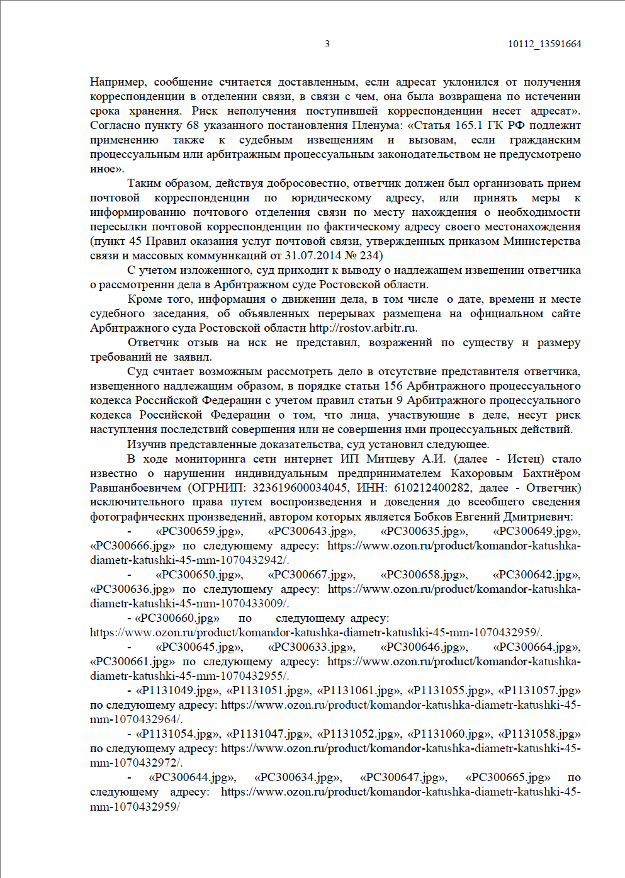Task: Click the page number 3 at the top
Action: coord(327,44)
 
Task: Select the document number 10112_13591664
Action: coord(544,44)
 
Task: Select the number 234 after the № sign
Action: coord(371,256)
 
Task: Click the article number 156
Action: coord(393,386)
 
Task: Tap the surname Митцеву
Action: coord(390,459)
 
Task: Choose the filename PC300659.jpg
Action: coord(198,531)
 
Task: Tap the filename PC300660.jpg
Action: coord(177,618)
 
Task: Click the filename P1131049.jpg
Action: coord(177,690)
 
